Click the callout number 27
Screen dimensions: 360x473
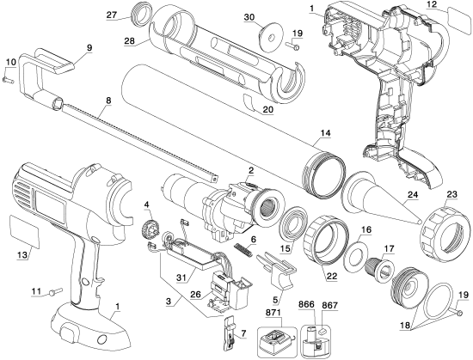[112, 15]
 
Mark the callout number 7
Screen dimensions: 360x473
[243, 333]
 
